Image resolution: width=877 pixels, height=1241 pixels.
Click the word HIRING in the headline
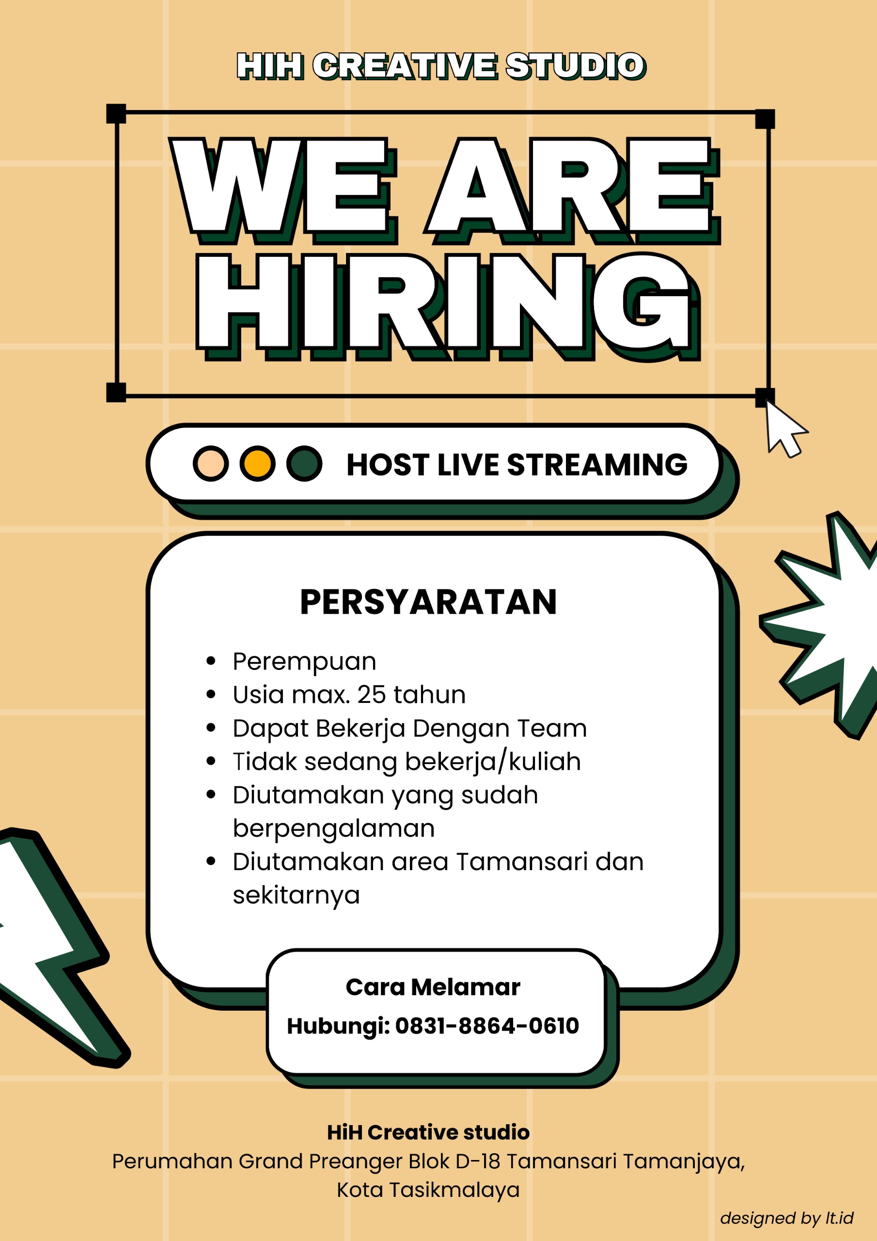[448, 306]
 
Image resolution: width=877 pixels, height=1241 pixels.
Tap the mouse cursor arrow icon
[786, 431]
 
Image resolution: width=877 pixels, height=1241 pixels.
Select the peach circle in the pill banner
[211, 463]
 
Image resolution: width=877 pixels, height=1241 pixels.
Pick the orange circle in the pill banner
[258, 463]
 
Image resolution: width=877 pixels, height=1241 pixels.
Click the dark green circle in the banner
[304, 463]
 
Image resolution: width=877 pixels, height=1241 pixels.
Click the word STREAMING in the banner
[597, 464]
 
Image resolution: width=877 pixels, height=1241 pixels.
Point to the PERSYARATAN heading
[428, 602]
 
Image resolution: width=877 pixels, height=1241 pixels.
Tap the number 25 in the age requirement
[371, 695]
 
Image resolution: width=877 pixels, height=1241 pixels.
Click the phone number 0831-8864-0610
[487, 1025]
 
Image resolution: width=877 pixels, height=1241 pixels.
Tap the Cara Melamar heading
[433, 986]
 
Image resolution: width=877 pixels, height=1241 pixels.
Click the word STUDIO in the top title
[576, 66]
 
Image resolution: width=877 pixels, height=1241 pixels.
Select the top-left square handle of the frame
[116, 113]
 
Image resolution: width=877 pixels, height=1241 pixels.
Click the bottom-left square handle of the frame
[116, 392]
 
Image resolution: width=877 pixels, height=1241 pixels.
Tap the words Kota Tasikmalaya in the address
[428, 1190]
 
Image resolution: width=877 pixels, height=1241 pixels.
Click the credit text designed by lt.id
[787, 1218]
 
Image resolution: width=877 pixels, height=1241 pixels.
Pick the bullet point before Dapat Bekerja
[211, 728]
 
